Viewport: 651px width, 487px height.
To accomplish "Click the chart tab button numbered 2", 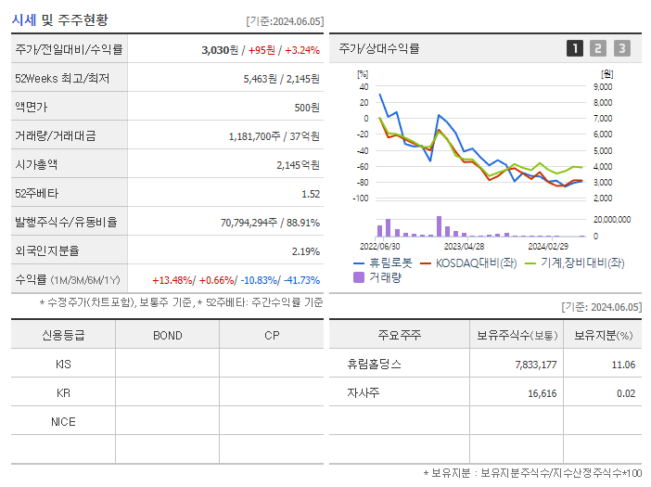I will tap(598, 48).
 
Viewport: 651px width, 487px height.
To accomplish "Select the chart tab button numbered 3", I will tap(621, 48).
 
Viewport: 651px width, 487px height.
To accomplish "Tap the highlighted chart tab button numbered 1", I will tap(575, 48).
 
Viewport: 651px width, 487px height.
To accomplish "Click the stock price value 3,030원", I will tap(221, 49).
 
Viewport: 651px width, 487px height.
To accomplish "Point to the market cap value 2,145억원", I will tap(298, 164).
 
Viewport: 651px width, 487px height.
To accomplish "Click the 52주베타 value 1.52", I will tap(310, 194).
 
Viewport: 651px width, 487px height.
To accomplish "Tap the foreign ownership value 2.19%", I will tap(305, 251).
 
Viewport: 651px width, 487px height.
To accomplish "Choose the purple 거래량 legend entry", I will tap(380, 276).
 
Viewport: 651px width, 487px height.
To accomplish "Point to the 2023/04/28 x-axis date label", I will tap(464, 247).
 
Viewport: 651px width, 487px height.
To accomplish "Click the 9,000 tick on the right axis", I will tap(602, 86).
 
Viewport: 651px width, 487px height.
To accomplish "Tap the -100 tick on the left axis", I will tap(363, 199).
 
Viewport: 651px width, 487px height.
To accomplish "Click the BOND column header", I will tap(167, 335).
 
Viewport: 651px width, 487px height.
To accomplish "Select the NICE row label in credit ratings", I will tap(63, 421).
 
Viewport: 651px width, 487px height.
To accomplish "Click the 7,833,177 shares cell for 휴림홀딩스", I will tap(535, 365).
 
